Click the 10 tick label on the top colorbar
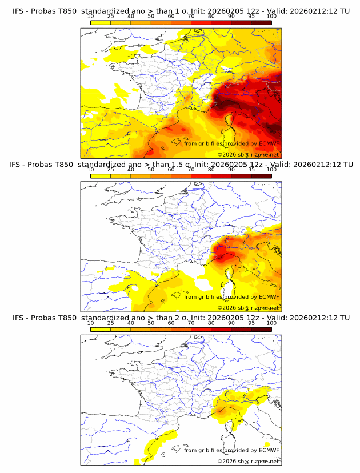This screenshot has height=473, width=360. click(x=90, y=16)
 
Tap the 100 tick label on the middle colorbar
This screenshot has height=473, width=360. click(x=271, y=170)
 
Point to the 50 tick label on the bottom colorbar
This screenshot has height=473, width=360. click(x=151, y=323)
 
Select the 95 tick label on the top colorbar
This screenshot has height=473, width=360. click(x=251, y=16)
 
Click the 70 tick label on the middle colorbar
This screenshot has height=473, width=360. click(x=191, y=170)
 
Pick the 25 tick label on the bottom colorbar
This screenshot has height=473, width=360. click(x=110, y=323)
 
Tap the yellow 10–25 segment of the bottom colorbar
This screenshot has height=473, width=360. click(x=100, y=330)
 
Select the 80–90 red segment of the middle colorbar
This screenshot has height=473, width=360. click(x=221, y=176)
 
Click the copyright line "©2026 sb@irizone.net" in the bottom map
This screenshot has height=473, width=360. click(x=248, y=461)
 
